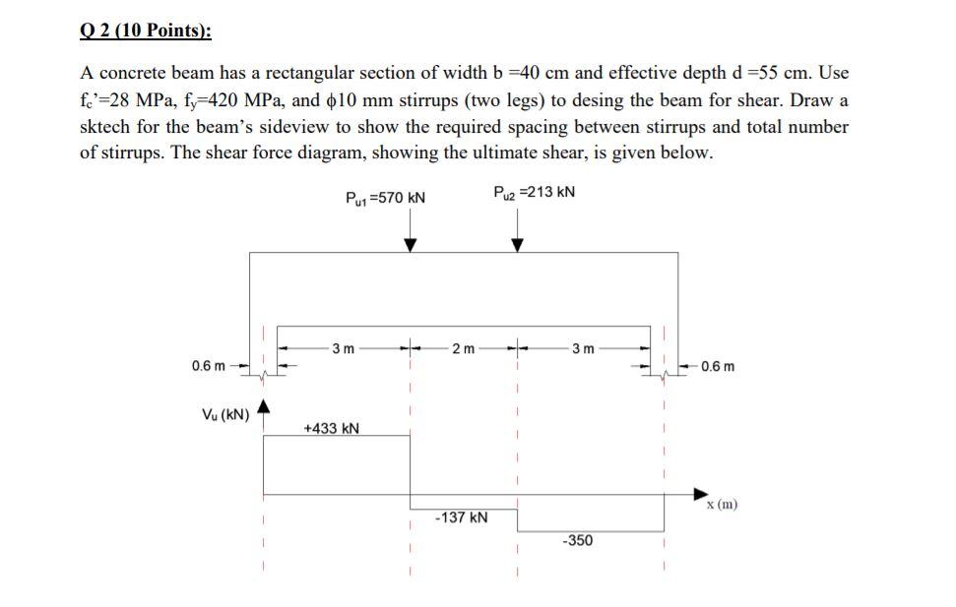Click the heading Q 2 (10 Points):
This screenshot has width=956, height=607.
pos(145,30)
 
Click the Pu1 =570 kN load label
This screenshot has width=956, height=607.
pos(386,198)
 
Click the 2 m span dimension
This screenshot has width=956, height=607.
pos(462,347)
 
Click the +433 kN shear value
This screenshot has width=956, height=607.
pos(331,428)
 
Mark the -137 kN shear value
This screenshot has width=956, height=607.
pos(461,517)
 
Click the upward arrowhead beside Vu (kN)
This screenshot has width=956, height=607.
pos(264,406)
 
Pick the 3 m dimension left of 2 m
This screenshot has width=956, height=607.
pos(344,347)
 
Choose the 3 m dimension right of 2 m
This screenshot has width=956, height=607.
pos(583,347)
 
